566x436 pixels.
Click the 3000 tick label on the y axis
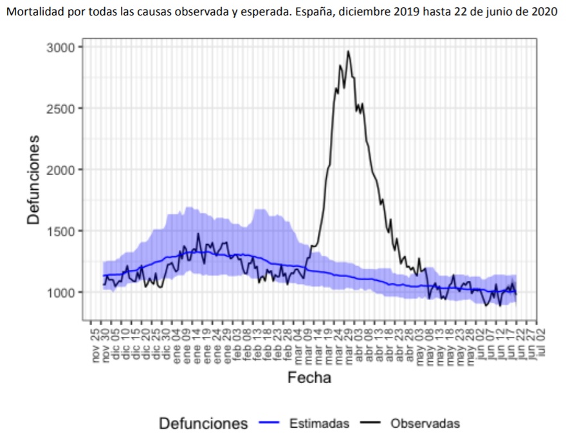(61, 47)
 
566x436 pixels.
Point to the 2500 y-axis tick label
(61, 108)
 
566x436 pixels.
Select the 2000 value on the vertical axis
(61, 169)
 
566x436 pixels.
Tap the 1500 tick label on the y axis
(61, 231)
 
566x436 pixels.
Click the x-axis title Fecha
(309, 377)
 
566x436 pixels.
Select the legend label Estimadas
(319, 423)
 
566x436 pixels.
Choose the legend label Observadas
(425, 423)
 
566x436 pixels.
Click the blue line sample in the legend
(270, 423)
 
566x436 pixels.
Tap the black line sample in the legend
(371, 423)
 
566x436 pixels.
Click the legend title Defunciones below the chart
(203, 423)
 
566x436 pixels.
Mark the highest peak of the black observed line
(348, 52)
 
